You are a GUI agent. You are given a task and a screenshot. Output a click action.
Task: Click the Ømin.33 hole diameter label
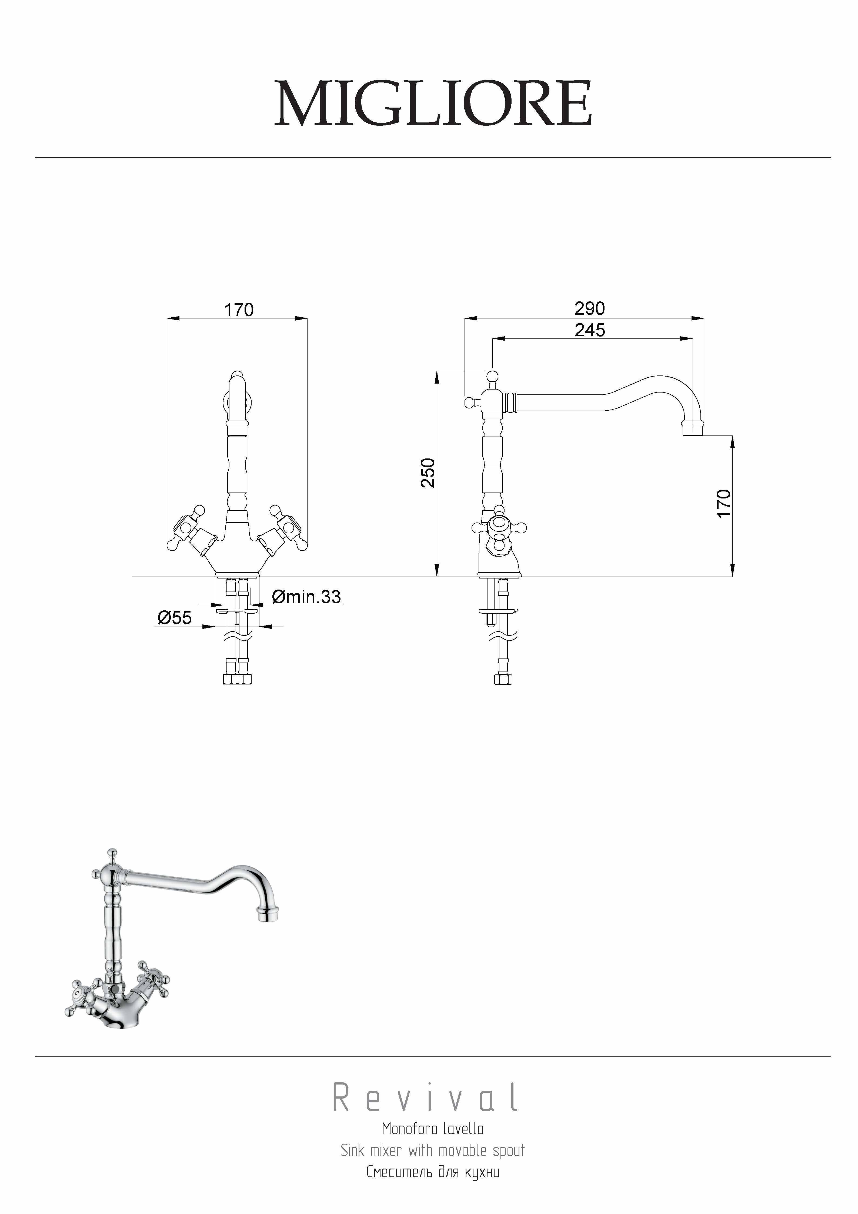(x=307, y=597)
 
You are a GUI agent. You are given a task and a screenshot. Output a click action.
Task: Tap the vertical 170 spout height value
(x=723, y=503)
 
